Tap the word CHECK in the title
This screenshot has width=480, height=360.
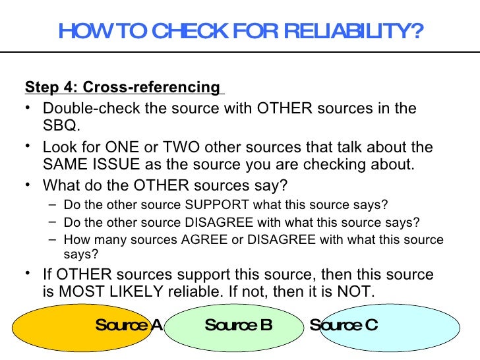point(181,32)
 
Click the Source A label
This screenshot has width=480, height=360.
point(129,325)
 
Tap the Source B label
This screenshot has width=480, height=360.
point(239,325)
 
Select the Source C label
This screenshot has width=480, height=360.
point(344,325)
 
